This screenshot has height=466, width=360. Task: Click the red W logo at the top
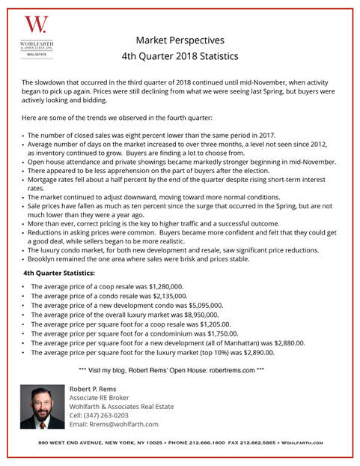pos(35,25)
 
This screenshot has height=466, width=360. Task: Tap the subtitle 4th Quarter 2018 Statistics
pos(180,55)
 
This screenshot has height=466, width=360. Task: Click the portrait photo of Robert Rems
pos(43,407)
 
